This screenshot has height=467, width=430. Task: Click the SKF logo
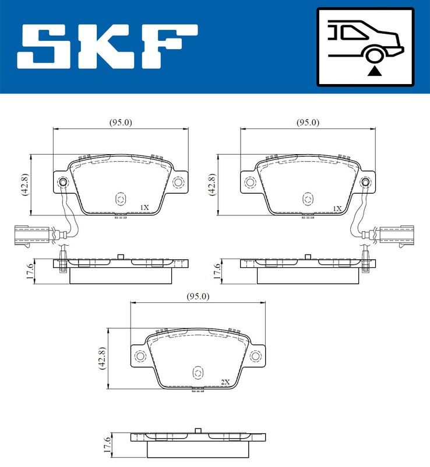[107, 46]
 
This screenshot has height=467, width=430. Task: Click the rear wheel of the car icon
[374, 55]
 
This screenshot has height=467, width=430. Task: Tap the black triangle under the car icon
[375, 71]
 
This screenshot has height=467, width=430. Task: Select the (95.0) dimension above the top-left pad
[121, 123]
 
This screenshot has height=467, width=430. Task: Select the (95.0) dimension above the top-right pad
[308, 123]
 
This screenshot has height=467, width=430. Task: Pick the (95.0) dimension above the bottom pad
[198, 297]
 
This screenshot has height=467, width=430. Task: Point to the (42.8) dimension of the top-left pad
[25, 184]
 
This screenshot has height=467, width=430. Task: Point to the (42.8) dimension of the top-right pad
[212, 184]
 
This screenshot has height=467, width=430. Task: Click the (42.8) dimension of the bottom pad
[103, 358]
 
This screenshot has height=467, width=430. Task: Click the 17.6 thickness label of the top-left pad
[30, 271]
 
